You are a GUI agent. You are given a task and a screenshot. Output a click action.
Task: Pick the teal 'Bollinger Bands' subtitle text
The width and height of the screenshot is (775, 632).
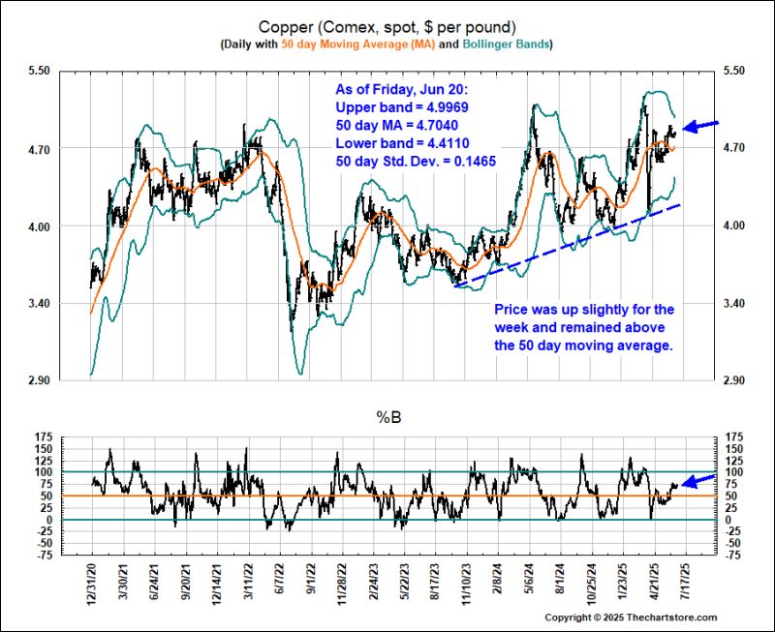[x=506, y=45]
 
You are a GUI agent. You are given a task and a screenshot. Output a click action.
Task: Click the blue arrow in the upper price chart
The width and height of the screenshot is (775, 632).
[x=701, y=125]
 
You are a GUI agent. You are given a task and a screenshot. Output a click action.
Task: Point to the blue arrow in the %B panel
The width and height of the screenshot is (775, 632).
[x=700, y=480]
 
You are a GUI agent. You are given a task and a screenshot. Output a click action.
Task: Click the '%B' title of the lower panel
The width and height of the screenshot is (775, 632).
[x=387, y=418]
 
